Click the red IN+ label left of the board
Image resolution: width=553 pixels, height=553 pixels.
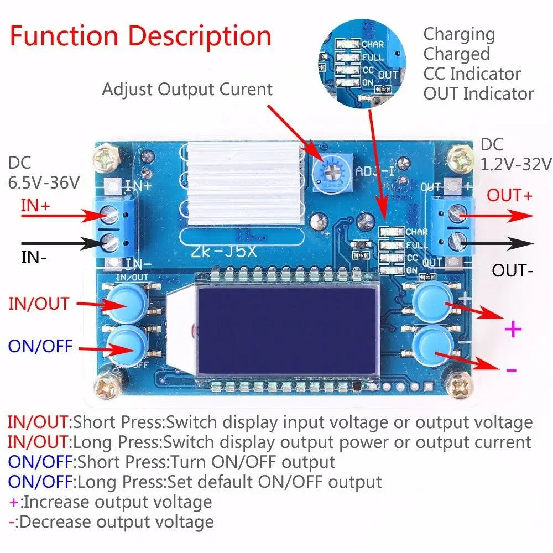35,206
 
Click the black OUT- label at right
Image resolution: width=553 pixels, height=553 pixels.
512,270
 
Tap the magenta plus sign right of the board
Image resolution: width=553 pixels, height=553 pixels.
513,330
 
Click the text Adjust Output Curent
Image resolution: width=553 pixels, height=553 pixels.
187,89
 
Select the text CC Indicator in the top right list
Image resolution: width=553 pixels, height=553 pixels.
472,74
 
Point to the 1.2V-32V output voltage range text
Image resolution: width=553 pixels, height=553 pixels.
516,164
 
